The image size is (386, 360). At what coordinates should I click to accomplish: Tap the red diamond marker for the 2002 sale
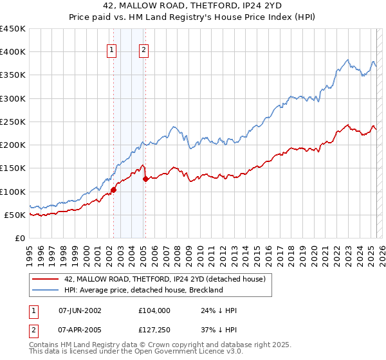(x=114, y=190)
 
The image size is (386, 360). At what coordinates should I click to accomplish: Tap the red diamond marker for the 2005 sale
(x=145, y=179)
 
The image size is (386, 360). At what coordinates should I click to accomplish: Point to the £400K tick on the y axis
(x=13, y=52)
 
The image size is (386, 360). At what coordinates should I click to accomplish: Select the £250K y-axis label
(x=13, y=122)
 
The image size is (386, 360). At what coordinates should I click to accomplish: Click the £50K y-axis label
(x=15, y=215)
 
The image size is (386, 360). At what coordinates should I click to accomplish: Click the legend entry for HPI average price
(x=143, y=290)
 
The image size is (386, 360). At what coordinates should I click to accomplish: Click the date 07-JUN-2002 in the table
(x=80, y=310)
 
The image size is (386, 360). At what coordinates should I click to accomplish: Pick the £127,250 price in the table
(x=154, y=330)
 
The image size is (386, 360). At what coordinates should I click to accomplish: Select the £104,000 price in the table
(x=154, y=310)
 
